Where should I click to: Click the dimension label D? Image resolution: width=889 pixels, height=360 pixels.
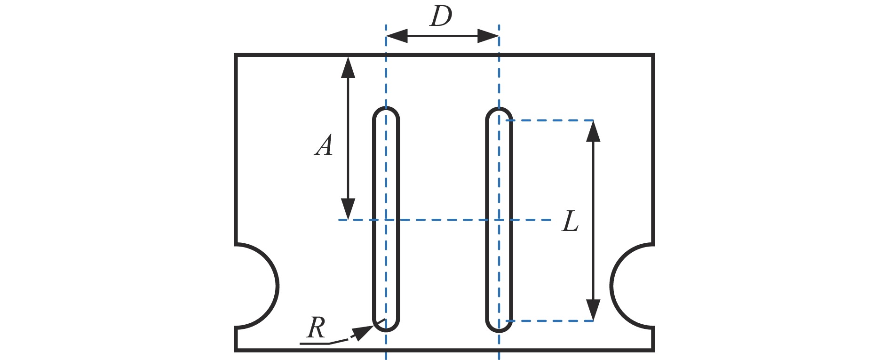[441, 17]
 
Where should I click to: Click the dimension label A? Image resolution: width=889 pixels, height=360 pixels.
[324, 145]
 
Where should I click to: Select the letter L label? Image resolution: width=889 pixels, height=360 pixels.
[570, 221]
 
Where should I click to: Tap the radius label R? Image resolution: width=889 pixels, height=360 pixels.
[316, 328]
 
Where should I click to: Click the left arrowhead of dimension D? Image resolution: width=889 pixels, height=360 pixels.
[396, 36]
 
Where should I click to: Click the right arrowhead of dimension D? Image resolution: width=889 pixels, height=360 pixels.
[488, 36]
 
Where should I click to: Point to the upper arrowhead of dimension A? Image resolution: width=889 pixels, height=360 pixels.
[348, 67]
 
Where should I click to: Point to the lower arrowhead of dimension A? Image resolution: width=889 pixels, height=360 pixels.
[348, 210]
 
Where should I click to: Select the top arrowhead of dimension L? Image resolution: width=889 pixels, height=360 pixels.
[593, 131]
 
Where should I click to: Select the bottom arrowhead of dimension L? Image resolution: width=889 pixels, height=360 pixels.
[593, 310]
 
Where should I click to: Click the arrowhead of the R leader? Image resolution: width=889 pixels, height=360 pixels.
[363, 332]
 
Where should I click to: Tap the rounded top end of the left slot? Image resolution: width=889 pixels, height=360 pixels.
[386, 112]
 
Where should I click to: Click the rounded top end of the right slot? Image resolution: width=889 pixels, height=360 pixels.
[499, 112]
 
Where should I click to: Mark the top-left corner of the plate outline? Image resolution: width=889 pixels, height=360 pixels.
[236, 56]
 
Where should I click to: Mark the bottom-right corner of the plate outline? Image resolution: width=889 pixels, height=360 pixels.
[653, 350]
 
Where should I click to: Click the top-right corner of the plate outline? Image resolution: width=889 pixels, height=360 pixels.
[653, 56]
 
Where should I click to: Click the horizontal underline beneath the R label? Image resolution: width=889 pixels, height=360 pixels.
[314, 344]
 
